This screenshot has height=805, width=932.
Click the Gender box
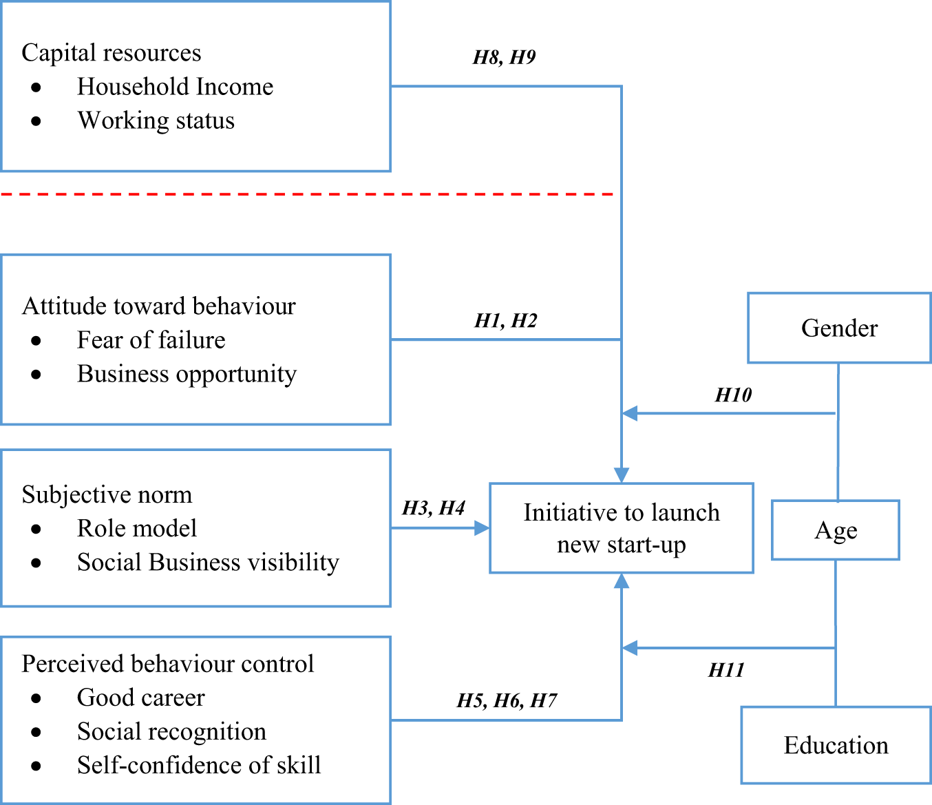[839, 328]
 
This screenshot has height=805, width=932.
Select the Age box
[835, 530]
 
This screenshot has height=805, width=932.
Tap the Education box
[836, 745]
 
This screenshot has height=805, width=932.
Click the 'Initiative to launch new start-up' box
[621, 528]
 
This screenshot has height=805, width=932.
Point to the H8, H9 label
[504, 57]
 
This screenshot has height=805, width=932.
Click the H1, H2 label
[505, 321]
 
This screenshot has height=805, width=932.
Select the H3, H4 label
[433, 508]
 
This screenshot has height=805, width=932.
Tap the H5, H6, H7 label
[507, 701]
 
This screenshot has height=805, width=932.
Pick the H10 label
[733, 395]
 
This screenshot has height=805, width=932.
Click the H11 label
[726, 670]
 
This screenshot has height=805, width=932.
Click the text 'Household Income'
[175, 87]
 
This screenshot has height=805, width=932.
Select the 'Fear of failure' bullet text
[151, 340]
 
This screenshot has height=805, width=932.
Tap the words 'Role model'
[136, 528]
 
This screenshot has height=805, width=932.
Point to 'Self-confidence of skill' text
[198, 765]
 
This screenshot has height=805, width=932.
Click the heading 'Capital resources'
[112, 53]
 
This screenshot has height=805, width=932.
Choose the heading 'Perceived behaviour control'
[167, 664]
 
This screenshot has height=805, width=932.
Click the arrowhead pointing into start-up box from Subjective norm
[483, 528]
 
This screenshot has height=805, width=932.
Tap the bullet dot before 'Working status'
[36, 121]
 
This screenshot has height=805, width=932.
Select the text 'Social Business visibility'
[208, 562]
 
